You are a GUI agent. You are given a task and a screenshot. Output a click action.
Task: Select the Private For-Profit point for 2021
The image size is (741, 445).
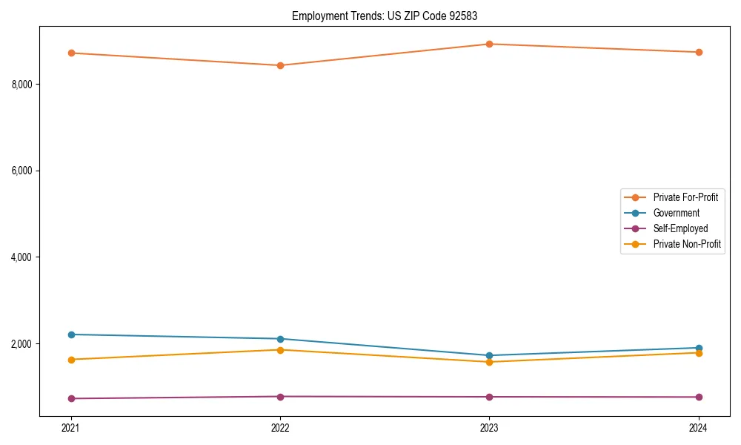tap(71, 53)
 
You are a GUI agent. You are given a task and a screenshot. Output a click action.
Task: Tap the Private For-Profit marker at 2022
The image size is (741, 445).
tap(280, 65)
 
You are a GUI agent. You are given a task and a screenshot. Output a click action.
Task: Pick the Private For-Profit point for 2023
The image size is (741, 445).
tap(490, 44)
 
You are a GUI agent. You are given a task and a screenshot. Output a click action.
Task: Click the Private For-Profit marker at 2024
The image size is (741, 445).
tap(699, 52)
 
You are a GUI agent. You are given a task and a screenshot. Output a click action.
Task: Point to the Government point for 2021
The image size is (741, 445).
tap(71, 334)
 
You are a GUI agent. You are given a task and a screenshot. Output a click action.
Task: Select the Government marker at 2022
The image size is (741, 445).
tap(280, 339)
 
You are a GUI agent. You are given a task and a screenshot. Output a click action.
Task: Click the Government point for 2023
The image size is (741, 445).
tap(490, 355)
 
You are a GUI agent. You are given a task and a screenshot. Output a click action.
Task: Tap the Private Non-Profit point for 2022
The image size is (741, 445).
tap(280, 350)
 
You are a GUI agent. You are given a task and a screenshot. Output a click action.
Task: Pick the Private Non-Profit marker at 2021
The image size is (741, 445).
tap(71, 360)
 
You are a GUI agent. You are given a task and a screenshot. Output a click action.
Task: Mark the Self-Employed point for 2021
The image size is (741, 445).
tap(71, 398)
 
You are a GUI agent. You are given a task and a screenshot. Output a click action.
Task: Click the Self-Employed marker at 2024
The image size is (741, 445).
tap(699, 397)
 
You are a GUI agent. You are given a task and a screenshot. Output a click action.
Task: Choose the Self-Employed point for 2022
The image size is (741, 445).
tap(280, 396)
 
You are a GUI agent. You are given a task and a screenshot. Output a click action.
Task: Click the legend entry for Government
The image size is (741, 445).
tap(676, 213)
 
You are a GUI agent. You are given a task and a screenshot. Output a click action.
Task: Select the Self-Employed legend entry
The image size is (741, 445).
tap(680, 228)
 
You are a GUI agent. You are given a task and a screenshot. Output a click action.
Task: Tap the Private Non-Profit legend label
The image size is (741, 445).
tap(687, 244)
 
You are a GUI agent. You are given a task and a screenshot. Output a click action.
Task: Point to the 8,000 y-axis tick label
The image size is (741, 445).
tap(21, 85)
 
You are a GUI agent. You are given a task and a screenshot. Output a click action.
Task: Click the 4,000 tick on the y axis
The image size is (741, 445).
tap(21, 257)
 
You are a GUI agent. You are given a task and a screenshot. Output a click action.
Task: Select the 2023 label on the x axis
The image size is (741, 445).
tap(490, 428)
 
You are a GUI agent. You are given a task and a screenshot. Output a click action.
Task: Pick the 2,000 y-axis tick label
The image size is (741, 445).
tap(21, 344)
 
